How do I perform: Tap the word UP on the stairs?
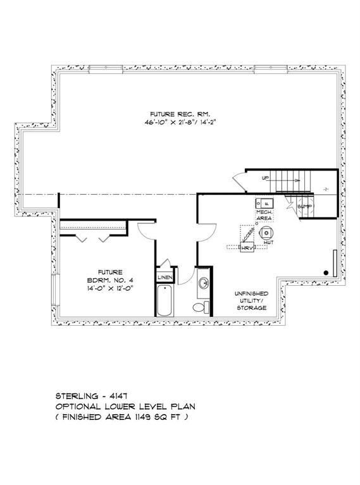tap(266, 178)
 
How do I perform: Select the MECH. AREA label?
tap(264, 214)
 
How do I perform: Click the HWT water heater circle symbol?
tap(268, 231)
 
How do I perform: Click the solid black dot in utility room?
tap(326, 272)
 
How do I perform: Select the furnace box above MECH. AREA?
tap(261, 202)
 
